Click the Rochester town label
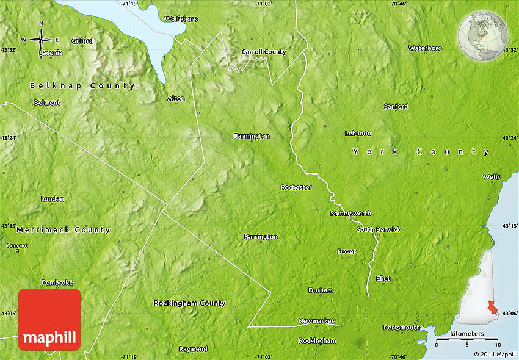coord(296,187)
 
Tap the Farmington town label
coord(252,136)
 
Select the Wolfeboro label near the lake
coord(181,19)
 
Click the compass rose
coord(41,40)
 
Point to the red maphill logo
coord(49,320)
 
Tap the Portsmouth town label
coord(402,328)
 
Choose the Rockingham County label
coord(189,303)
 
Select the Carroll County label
coord(264,52)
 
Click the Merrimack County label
coord(64,230)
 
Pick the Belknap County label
coord(82,86)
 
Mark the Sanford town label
coord(396,106)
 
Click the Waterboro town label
coord(425,48)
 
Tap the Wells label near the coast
coord(492,177)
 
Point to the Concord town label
coord(17,245)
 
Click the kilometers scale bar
coord(467,339)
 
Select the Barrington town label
coord(261,236)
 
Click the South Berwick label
coord(379,229)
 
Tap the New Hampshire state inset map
coord(479,287)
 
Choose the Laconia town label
coord(50,53)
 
